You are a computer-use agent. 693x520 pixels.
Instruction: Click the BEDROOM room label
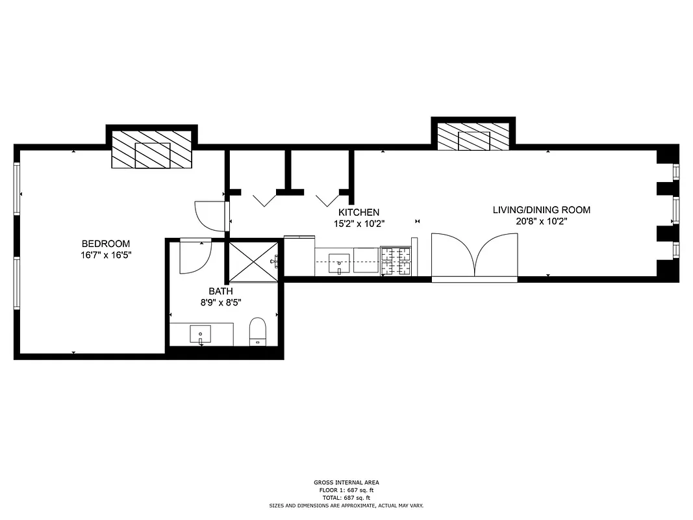pyautogui.click(x=105, y=244)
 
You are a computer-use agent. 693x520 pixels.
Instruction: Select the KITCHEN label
pyautogui.click(x=359, y=213)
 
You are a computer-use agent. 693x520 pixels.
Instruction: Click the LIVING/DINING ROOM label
pyautogui.click(x=542, y=210)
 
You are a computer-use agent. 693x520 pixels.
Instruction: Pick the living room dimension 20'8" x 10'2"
pyautogui.click(x=542, y=221)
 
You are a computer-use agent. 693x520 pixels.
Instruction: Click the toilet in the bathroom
pyautogui.click(x=258, y=331)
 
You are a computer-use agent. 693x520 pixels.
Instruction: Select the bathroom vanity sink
pyautogui.click(x=200, y=335)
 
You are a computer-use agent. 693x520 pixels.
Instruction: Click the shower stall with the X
pyautogui.click(x=253, y=261)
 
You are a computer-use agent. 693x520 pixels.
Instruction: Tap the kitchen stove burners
pyautogui.click(x=396, y=261)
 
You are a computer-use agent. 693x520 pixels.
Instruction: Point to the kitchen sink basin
pyautogui.click(x=340, y=263)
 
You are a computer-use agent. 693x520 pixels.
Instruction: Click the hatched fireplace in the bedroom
pyautogui.click(x=152, y=150)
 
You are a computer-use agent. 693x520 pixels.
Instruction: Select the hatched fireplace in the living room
pyautogui.click(x=473, y=137)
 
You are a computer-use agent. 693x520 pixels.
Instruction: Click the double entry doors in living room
pyautogui.click(x=475, y=257)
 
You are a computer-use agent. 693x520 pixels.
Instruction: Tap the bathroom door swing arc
pyautogui.click(x=195, y=257)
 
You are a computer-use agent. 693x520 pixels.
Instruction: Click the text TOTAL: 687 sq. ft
pyautogui.click(x=346, y=497)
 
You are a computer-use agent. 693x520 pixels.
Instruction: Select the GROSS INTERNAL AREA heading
pyautogui.click(x=346, y=482)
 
